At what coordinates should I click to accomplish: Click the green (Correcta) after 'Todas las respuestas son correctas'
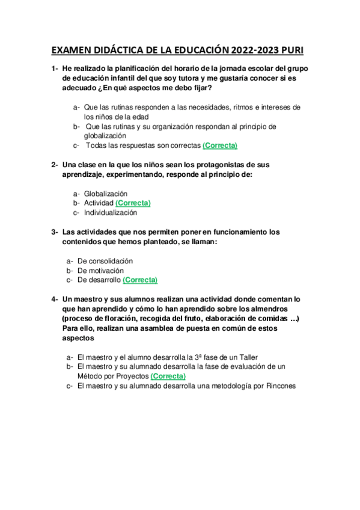point(220,146)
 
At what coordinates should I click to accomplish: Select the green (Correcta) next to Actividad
point(133,203)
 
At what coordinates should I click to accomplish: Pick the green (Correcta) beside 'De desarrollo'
point(140,280)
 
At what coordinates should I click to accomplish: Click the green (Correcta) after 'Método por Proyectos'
point(168,376)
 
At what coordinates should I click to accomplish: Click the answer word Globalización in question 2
point(106,194)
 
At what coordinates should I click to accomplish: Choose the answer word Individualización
point(111,212)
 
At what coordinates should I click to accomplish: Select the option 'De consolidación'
point(105,260)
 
